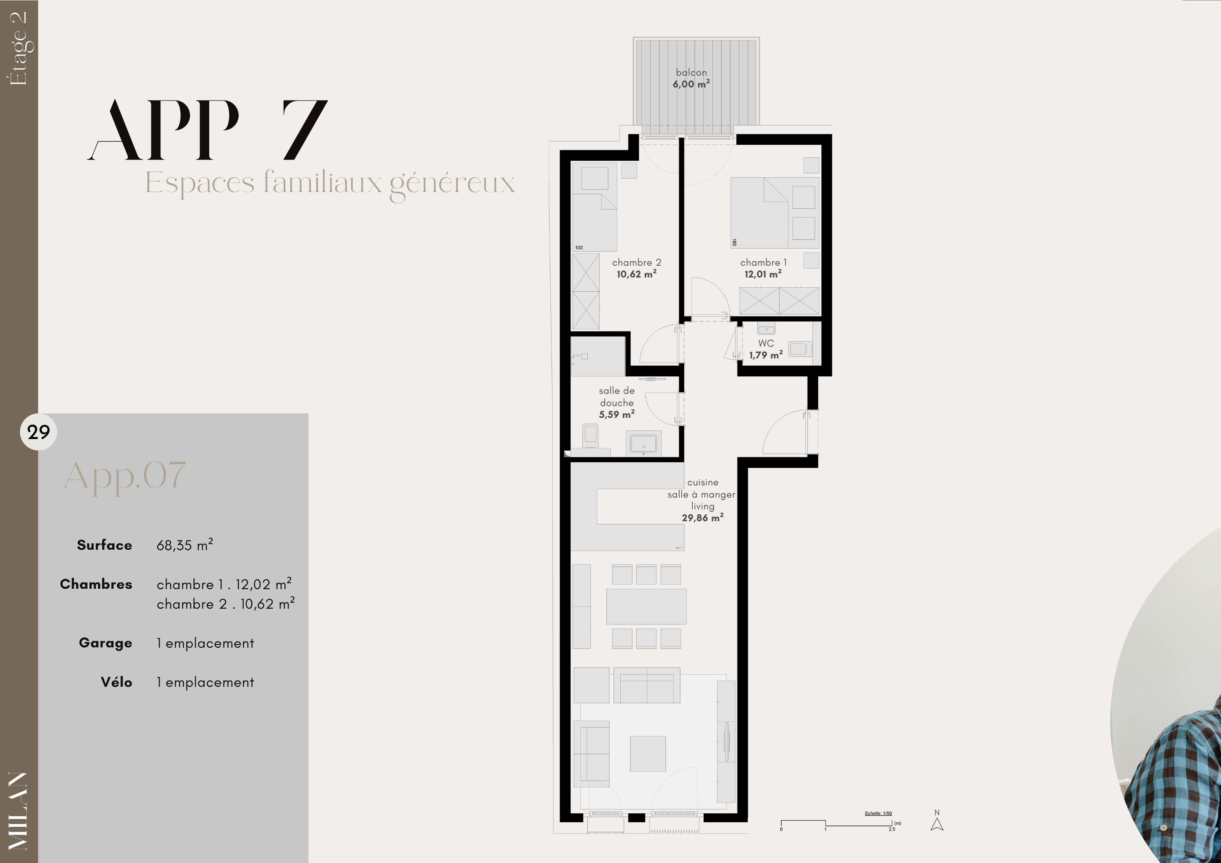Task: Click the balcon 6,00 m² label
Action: (x=691, y=78)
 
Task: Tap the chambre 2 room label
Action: (x=637, y=268)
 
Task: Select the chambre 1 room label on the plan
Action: (x=763, y=268)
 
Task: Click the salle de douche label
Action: (x=617, y=402)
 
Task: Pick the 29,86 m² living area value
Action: (x=702, y=518)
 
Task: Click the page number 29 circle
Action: (x=38, y=432)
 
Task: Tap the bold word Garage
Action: (x=105, y=643)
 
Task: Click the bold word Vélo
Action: (x=116, y=682)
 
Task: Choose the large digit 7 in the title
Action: (x=305, y=130)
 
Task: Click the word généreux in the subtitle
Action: (x=452, y=184)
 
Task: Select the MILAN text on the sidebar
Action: (x=19, y=811)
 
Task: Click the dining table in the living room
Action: (x=646, y=606)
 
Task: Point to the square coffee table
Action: (x=648, y=754)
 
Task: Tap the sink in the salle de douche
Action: (x=643, y=443)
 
